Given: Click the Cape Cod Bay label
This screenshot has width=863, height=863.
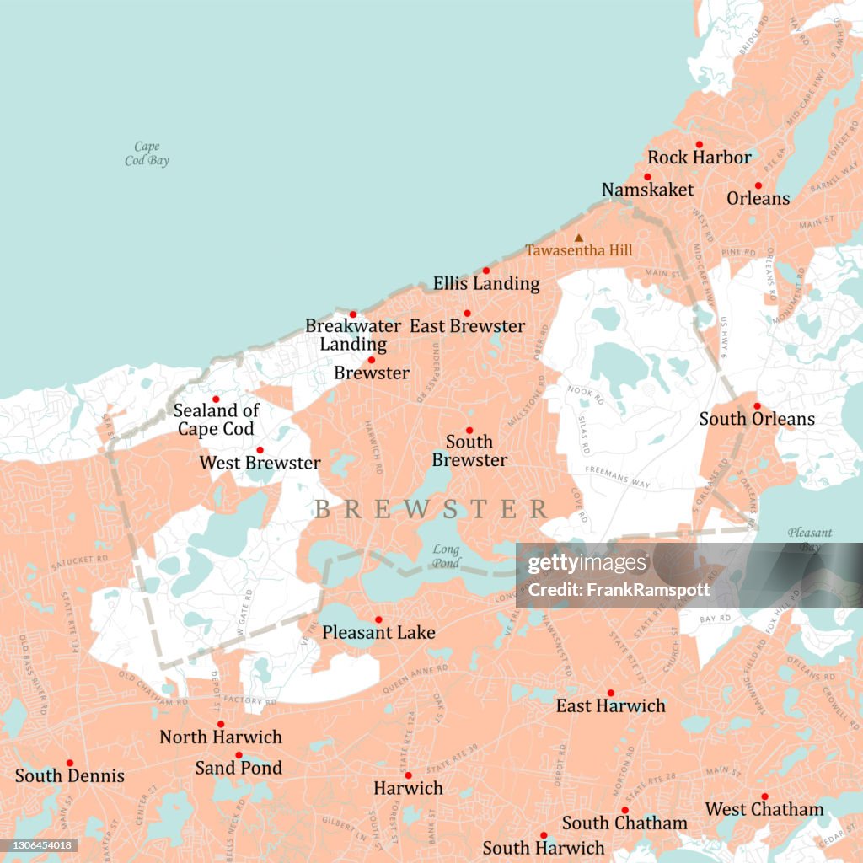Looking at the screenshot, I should pyautogui.click(x=147, y=153).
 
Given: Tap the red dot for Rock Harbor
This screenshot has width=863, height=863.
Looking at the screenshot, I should pyautogui.click(x=699, y=145).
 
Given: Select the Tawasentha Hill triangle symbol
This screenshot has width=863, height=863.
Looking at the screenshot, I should pyautogui.click(x=578, y=239).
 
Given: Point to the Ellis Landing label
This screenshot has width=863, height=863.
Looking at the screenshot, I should pyautogui.click(x=486, y=284).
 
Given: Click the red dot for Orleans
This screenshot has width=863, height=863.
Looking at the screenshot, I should pyautogui.click(x=758, y=185).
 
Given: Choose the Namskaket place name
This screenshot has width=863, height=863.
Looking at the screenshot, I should pyautogui.click(x=647, y=190).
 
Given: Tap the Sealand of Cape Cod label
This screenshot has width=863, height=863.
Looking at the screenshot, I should pyautogui.click(x=216, y=420).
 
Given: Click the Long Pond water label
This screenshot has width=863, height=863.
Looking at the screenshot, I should pyautogui.click(x=446, y=555).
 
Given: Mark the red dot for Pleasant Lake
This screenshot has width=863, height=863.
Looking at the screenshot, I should pyautogui.click(x=378, y=619).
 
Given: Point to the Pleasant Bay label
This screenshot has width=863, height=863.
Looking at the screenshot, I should pyautogui.click(x=809, y=539).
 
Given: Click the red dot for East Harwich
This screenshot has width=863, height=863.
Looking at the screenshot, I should pyautogui.click(x=611, y=693).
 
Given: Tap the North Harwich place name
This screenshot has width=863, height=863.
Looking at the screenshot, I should pyautogui.click(x=221, y=737).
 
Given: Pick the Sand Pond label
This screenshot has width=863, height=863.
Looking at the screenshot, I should pyautogui.click(x=239, y=768).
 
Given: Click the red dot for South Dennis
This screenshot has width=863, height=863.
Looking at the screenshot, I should pyautogui.click(x=70, y=763).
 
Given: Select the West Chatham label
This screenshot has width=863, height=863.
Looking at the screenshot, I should pyautogui.click(x=764, y=810).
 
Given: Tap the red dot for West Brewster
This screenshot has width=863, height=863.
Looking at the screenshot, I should pyautogui.click(x=260, y=450).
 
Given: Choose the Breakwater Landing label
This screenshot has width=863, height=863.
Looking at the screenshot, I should pyautogui.click(x=346, y=335).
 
